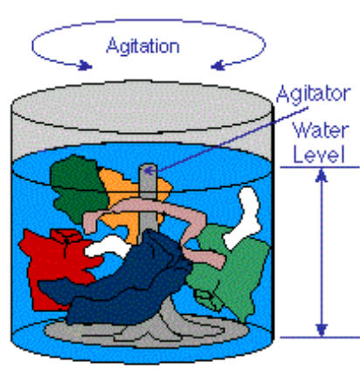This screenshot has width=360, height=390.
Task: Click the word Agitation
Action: tap(142, 46)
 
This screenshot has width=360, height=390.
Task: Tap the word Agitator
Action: tap(313, 94)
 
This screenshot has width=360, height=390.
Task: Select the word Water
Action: tap(321, 130)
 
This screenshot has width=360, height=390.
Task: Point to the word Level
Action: tap(319, 154)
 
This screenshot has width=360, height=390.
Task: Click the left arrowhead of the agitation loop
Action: tap(86, 66)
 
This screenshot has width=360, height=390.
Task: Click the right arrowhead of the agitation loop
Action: tap(218, 66)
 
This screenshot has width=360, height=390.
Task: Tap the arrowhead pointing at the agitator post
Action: tap(149, 171)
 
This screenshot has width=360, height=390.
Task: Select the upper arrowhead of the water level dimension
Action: tap(322, 176)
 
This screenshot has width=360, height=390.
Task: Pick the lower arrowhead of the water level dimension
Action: tap(322, 330)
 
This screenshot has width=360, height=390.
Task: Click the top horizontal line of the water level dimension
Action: tap(320, 167)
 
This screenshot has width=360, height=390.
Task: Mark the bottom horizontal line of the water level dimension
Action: tap(320, 338)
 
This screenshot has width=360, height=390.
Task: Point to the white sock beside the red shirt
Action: tap(107, 247)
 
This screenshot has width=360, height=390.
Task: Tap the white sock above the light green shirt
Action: tap(245, 217)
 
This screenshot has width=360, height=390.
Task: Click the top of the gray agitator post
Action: tap(148, 165)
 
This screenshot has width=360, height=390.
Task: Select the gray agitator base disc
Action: tap(146, 332)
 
